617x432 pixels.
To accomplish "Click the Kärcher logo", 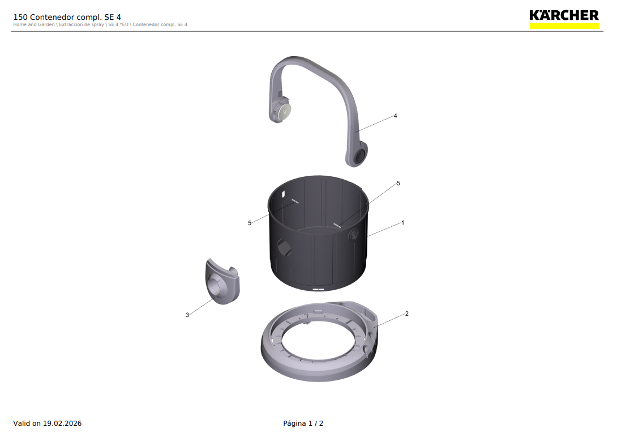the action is click(564, 19).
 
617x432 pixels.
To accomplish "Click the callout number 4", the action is click(396, 116).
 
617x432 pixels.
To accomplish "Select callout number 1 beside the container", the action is click(402, 223).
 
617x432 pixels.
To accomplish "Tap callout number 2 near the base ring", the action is click(407, 314).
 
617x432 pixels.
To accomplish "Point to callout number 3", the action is click(187, 315).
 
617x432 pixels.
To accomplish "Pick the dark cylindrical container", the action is click(318, 234).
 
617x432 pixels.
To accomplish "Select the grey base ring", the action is click(319, 342).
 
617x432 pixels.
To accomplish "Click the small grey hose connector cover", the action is click(222, 281).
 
